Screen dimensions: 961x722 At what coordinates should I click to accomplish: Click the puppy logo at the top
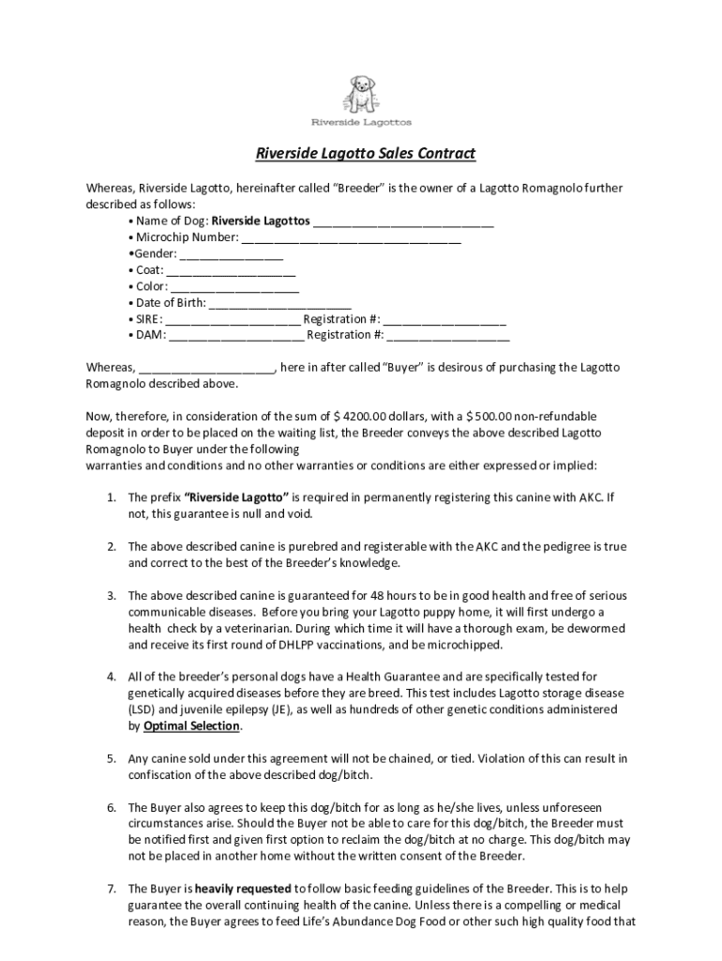[x=360, y=92]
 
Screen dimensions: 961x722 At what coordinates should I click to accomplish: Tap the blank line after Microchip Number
[x=351, y=238]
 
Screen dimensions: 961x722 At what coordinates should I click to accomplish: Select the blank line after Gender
[x=231, y=254]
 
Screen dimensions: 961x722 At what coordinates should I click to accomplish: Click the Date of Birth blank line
[x=279, y=303]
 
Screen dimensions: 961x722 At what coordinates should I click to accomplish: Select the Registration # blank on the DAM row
[x=448, y=336]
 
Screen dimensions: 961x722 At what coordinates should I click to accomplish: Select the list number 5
[x=110, y=758]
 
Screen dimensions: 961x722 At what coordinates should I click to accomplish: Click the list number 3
[x=110, y=596]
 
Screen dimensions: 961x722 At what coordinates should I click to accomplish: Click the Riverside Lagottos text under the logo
[x=361, y=122]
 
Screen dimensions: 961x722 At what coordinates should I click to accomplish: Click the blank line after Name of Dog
[x=403, y=221]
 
